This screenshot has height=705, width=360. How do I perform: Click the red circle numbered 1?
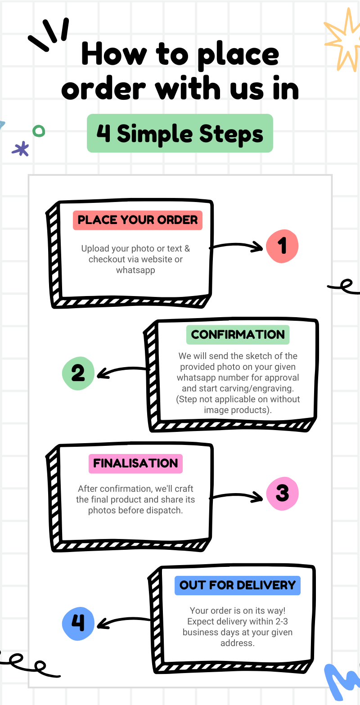click(x=282, y=246)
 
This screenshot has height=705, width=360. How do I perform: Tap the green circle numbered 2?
click(x=78, y=373)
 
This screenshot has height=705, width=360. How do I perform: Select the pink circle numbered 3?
click(x=282, y=493)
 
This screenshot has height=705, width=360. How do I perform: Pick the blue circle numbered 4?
click(x=78, y=623)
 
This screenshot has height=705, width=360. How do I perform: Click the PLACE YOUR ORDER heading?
click(x=138, y=220)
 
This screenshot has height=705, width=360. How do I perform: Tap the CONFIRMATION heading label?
click(x=238, y=335)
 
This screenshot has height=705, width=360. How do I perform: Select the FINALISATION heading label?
click(x=135, y=463)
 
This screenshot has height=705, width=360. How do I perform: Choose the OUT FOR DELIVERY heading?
click(x=237, y=585)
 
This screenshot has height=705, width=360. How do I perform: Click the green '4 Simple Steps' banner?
click(x=180, y=134)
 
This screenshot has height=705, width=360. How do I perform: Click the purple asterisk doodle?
click(x=21, y=148)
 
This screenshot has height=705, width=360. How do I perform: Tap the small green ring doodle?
click(x=39, y=131)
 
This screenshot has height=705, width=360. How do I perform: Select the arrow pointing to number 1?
click(x=236, y=246)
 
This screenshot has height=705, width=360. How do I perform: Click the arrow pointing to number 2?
click(x=124, y=372)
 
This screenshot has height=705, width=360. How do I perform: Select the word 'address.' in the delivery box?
click(x=237, y=643)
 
